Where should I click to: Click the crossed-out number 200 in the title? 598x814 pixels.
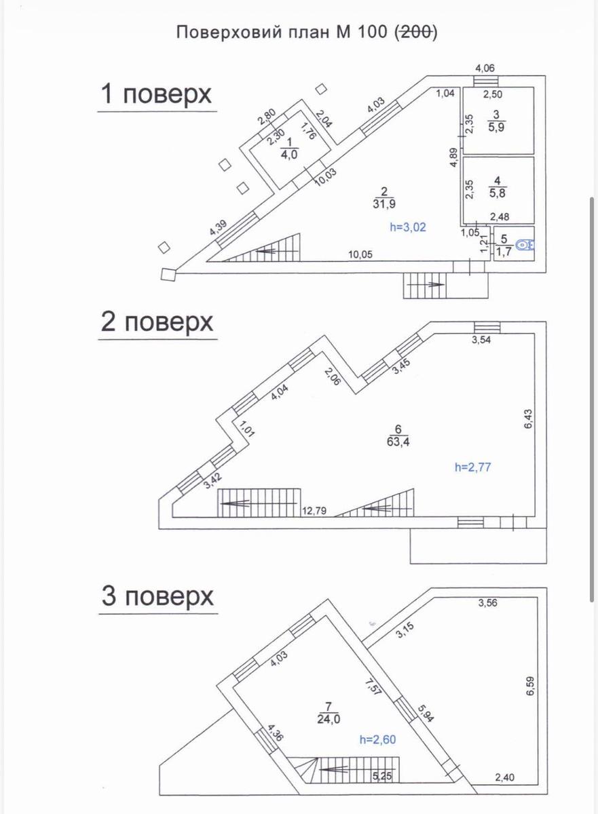pyautogui.click(x=416, y=33)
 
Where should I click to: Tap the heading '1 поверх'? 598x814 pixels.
pyautogui.click(x=156, y=94)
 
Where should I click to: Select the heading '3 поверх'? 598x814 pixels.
pyautogui.click(x=157, y=596)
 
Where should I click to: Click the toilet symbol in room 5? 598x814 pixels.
pyautogui.click(x=525, y=245)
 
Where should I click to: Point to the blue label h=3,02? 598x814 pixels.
pyautogui.click(x=407, y=227)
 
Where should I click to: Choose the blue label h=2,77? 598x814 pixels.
pyautogui.click(x=472, y=467)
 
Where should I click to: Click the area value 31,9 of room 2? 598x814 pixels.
pyautogui.click(x=384, y=204)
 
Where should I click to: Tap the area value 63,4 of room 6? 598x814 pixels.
pyautogui.click(x=398, y=442)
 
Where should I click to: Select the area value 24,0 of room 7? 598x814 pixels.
pyautogui.click(x=329, y=719)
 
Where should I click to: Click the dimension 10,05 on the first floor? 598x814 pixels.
pyautogui.click(x=360, y=254)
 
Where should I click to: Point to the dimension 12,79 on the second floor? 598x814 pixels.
pyautogui.click(x=314, y=511)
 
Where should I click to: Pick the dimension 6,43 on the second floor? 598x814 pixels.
pyautogui.click(x=528, y=419)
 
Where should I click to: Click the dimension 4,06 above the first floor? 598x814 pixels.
pyautogui.click(x=485, y=69)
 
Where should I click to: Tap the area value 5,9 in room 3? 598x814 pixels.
pyautogui.click(x=496, y=128)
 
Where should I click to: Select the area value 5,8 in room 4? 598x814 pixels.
pyautogui.click(x=498, y=193)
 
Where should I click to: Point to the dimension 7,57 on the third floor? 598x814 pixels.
pyautogui.click(x=373, y=688)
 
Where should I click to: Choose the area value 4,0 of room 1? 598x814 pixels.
pyautogui.click(x=289, y=155)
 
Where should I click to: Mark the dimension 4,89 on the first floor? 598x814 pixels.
pyautogui.click(x=453, y=157)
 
